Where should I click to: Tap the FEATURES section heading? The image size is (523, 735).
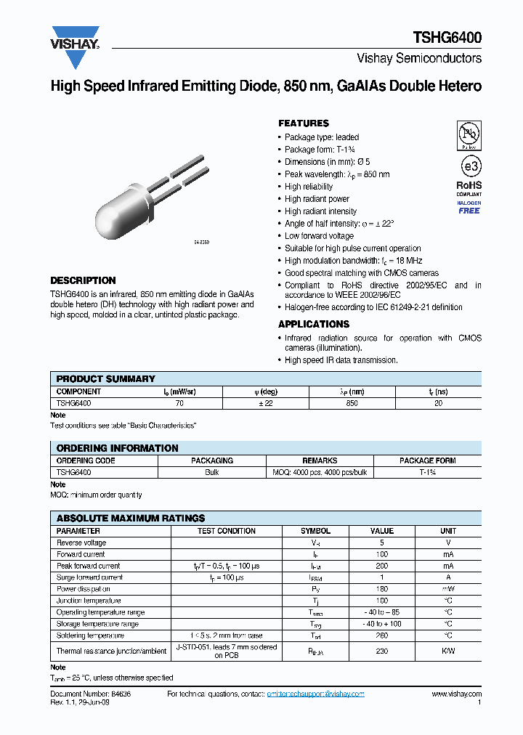[304, 123]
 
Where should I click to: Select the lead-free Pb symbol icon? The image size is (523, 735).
[469, 134]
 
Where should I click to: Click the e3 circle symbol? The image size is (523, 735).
[469, 166]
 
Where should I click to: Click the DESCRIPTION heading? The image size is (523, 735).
[83, 280]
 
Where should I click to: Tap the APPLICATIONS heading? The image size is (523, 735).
[314, 324]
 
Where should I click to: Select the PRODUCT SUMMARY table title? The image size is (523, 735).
[106, 378]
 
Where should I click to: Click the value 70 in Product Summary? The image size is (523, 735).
[179, 402]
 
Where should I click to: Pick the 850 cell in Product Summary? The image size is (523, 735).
[352, 402]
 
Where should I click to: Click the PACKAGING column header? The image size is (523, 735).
[212, 460]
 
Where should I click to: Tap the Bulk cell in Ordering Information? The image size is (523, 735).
[212, 472]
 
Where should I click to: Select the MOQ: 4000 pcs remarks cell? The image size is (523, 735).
[320, 472]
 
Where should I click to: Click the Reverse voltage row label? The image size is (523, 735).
[81, 543]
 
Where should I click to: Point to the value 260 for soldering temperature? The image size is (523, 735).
[381, 635]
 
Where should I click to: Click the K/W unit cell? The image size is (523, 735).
[448, 651]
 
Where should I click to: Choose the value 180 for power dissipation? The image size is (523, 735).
[381, 589]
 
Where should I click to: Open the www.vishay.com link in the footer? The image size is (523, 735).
[456, 694]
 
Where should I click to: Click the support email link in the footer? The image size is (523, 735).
[315, 694]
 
